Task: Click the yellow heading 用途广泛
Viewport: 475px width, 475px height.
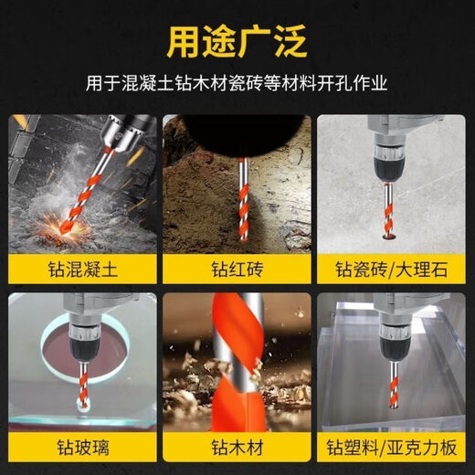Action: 237,41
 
